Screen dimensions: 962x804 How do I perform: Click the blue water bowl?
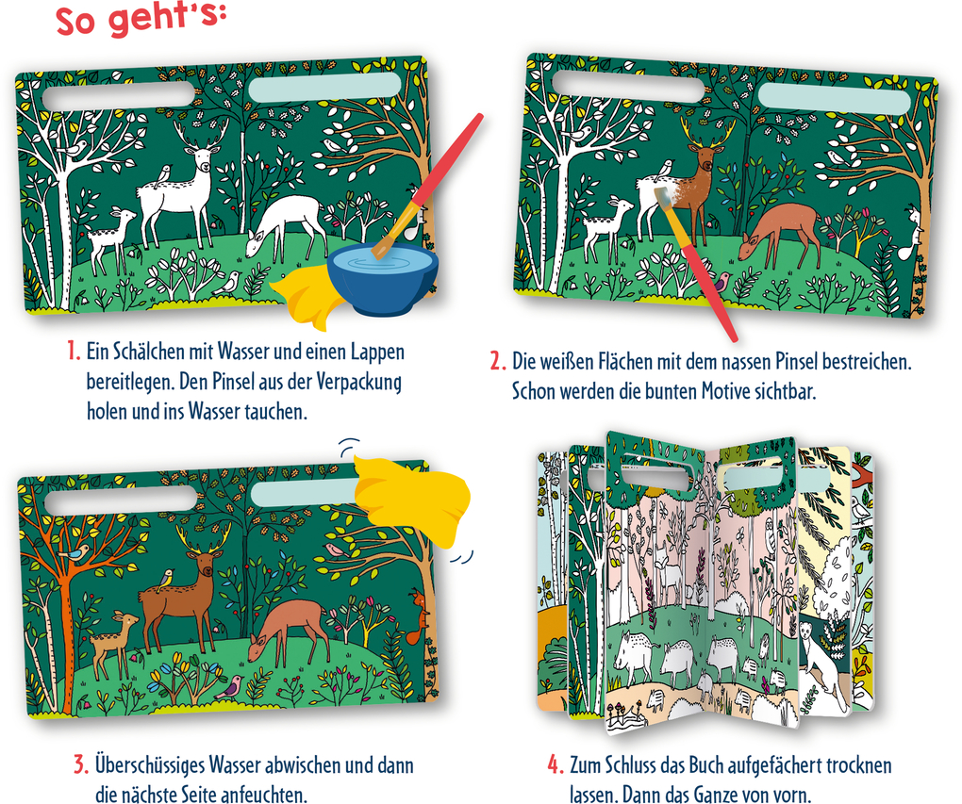[383, 280]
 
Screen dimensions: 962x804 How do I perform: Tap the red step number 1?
[74, 352]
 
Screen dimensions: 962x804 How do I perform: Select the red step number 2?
[498, 361]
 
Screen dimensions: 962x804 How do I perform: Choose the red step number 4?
[556, 764]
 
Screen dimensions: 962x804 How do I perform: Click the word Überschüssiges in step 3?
[150, 765]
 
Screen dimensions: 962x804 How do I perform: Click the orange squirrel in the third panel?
[418, 616]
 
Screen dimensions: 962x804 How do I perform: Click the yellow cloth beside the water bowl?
[305, 294]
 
